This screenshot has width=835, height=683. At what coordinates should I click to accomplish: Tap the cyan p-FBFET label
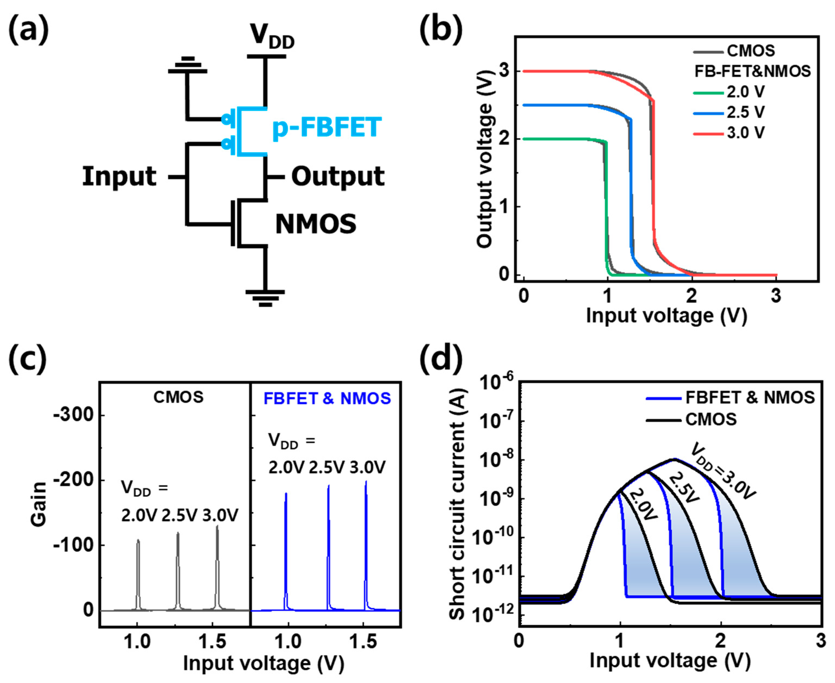click(326, 127)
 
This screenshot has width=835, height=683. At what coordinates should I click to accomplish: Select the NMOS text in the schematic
click(316, 224)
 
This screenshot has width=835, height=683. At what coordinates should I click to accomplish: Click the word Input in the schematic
click(119, 177)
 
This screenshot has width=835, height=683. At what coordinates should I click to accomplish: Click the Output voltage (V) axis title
click(484, 159)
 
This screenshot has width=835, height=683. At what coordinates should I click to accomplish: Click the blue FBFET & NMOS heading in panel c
click(327, 398)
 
